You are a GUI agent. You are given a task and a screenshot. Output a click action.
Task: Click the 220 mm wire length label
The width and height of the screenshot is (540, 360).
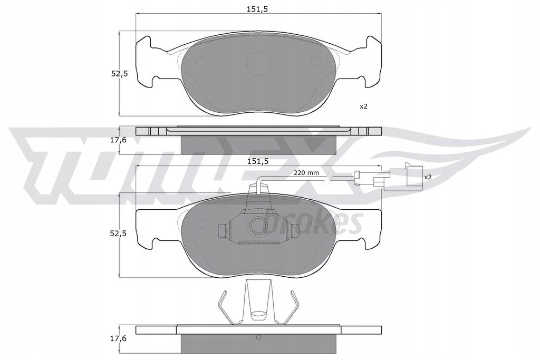click(x=305, y=173)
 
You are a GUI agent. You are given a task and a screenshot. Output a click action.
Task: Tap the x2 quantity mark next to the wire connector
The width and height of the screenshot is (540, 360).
click(x=428, y=177)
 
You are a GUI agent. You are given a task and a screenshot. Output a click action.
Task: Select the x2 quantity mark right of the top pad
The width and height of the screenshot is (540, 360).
click(x=363, y=106)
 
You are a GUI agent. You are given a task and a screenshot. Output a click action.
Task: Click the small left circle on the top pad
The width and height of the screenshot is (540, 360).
click(x=201, y=61)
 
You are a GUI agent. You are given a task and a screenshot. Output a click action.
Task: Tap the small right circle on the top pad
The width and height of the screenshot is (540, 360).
click(x=316, y=61)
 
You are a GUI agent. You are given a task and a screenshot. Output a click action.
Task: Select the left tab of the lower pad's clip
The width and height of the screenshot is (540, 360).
click(x=223, y=229)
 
